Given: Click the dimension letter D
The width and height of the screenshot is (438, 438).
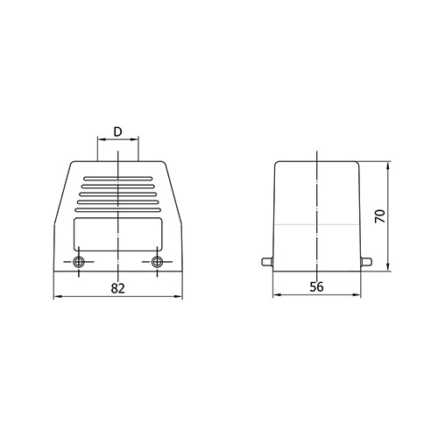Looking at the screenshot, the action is [x=117, y=132].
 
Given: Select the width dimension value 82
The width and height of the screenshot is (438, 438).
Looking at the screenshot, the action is [x=117, y=288].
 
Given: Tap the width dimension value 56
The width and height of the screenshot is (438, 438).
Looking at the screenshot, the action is [x=316, y=287].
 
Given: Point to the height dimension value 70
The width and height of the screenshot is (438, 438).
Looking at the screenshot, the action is [x=380, y=216].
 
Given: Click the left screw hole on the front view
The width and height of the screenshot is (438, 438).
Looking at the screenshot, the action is [x=79, y=262].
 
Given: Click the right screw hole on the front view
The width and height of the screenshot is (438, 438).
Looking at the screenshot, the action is [x=157, y=262].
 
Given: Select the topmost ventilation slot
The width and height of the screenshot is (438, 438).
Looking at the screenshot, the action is [x=117, y=178].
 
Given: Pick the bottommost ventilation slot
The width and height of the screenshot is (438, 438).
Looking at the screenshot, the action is [x=117, y=210].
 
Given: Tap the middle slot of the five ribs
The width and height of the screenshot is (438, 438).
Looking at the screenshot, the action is [x=117, y=194].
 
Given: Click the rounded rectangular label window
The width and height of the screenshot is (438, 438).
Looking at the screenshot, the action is [x=117, y=234].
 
